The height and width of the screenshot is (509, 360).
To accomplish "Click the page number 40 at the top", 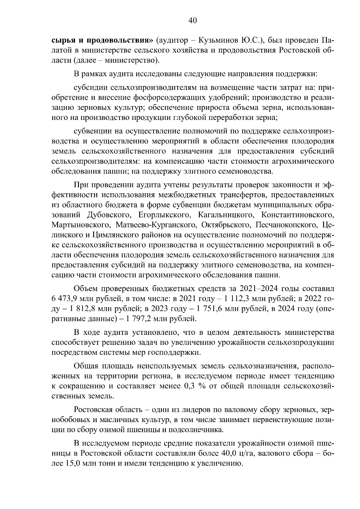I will pos(192,21).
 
